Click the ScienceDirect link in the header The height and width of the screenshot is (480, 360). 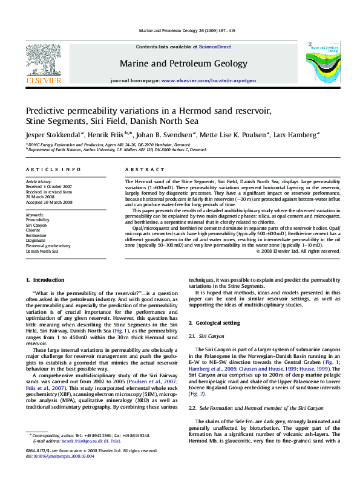tap(215, 47)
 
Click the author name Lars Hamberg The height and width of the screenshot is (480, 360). tap(295, 135)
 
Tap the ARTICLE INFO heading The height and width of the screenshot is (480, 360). tap(53, 171)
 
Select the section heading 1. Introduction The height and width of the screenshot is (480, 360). tap(47, 280)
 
